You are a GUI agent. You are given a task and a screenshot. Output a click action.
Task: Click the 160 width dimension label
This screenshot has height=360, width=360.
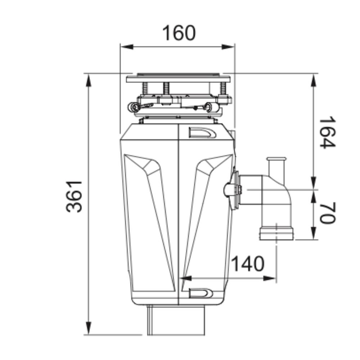179,33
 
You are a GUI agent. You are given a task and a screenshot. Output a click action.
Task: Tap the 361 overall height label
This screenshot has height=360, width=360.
74,197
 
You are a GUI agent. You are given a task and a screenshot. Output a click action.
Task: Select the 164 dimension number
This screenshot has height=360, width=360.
328,132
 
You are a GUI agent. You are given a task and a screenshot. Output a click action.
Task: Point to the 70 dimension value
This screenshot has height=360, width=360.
328,213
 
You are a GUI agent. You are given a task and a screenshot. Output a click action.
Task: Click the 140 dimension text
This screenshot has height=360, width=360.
248,264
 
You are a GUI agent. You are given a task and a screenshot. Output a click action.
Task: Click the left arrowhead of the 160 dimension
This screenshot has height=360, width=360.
127,47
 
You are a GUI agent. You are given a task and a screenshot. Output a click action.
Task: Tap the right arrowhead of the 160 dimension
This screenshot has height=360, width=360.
228,47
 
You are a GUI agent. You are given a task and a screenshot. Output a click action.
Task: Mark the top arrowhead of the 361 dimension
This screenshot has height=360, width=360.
89,80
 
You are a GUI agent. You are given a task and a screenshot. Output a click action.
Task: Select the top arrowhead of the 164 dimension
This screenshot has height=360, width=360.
314,80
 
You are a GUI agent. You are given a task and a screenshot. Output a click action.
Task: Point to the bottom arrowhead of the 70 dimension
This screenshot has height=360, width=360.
314,233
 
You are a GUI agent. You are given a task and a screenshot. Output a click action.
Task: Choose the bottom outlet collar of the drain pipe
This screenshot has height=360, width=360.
276,233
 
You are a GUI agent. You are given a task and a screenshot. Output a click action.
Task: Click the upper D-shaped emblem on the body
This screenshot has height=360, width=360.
202,133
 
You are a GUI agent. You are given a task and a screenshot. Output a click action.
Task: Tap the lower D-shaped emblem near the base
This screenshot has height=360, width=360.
201,293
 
